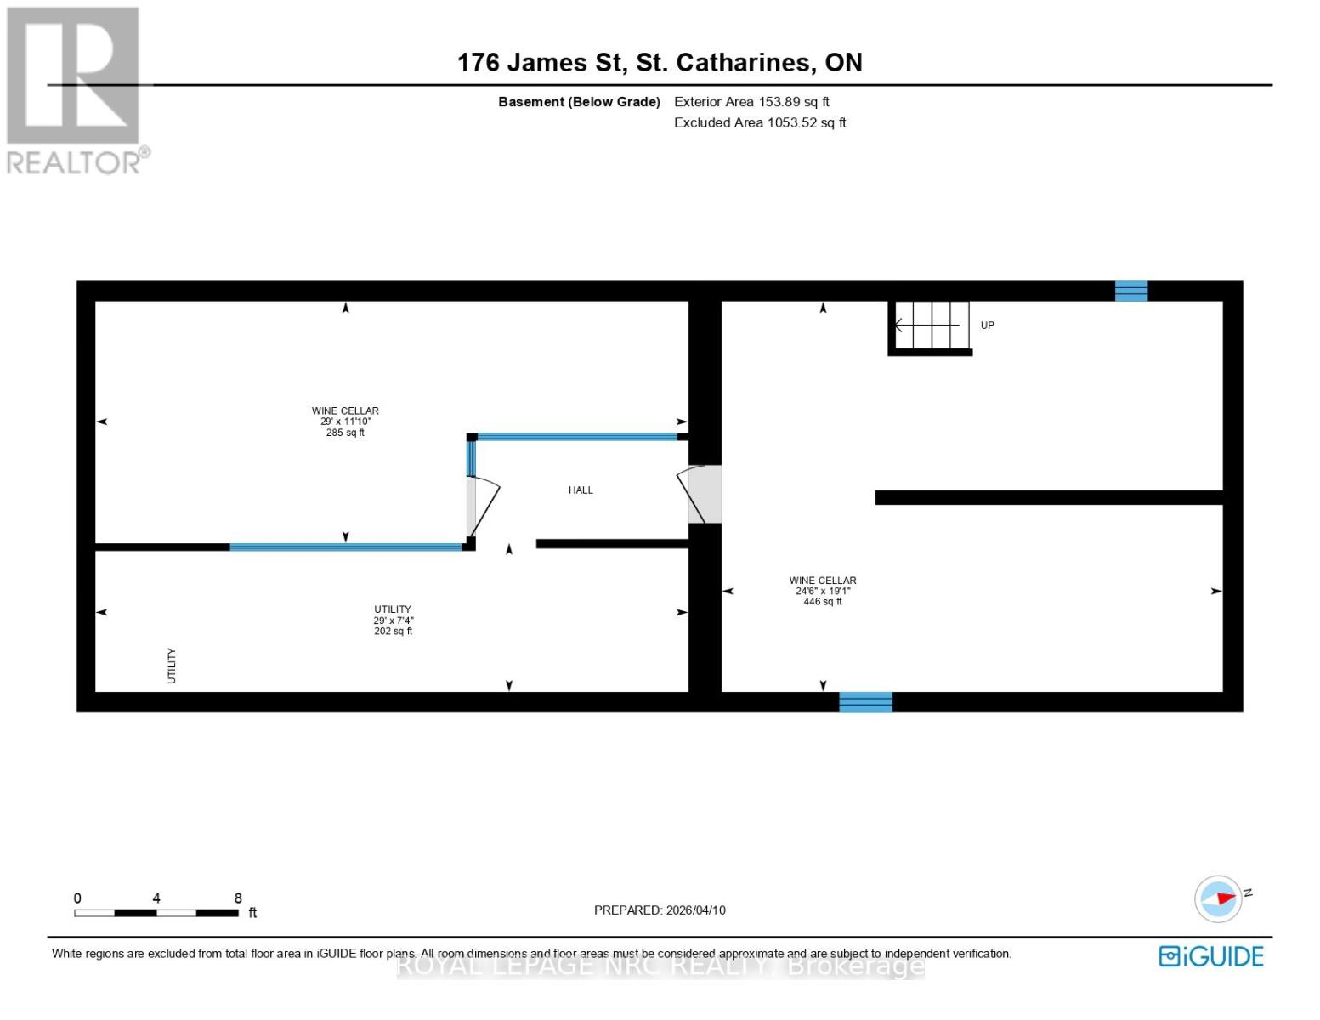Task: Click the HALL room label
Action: click(x=581, y=490)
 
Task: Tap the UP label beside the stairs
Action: click(x=987, y=326)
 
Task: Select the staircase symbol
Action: click(x=931, y=326)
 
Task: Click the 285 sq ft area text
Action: click(x=345, y=433)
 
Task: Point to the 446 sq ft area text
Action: click(x=822, y=602)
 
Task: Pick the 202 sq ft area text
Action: click(x=393, y=632)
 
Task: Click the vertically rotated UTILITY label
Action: click(x=172, y=666)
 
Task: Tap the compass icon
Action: click(x=1218, y=898)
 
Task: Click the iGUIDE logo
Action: click(x=1210, y=956)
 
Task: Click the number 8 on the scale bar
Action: click(x=238, y=898)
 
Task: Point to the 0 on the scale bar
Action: click(x=77, y=898)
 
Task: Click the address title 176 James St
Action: click(x=660, y=63)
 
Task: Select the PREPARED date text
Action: click(x=660, y=910)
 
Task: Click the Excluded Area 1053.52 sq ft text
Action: click(x=760, y=123)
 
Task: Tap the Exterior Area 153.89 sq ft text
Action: click(x=751, y=102)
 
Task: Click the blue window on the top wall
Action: click(x=1130, y=292)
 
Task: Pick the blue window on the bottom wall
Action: click(x=865, y=702)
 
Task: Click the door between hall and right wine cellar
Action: click(x=702, y=495)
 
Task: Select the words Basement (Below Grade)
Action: click(x=579, y=102)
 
